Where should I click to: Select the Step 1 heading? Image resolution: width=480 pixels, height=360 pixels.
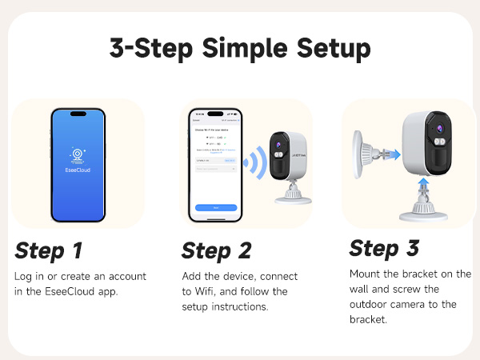[x=49, y=250]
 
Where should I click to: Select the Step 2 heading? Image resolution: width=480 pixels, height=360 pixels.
[x=216, y=250]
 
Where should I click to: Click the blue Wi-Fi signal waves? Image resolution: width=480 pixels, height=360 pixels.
[x=254, y=163]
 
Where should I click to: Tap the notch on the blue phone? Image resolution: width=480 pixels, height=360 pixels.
[x=78, y=113]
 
